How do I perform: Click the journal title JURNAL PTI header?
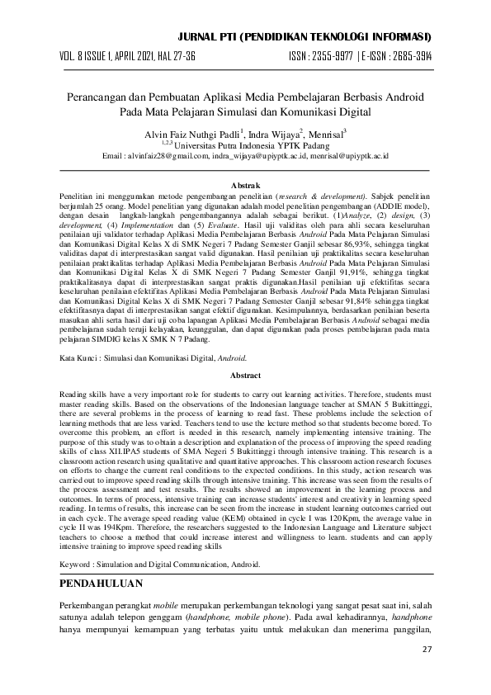tap(318, 38)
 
